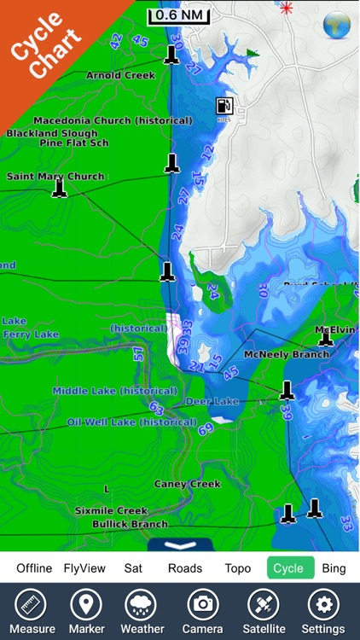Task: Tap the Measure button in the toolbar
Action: coord(32,611)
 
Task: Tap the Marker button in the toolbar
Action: coord(85,611)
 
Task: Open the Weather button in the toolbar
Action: coord(142,611)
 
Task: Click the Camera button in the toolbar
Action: coord(202,611)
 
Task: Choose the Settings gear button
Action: coord(323,611)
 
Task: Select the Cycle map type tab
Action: coord(288,568)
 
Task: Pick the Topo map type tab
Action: coord(237,568)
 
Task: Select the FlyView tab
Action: coord(85,568)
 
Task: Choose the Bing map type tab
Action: coord(334,568)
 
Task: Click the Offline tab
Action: coord(34,568)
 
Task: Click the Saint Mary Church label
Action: coord(55,177)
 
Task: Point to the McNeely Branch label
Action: coord(286,354)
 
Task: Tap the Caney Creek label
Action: coord(187,484)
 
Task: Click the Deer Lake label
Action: coord(212,401)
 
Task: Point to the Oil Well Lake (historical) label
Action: coord(132,422)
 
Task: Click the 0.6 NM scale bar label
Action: coord(180,15)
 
